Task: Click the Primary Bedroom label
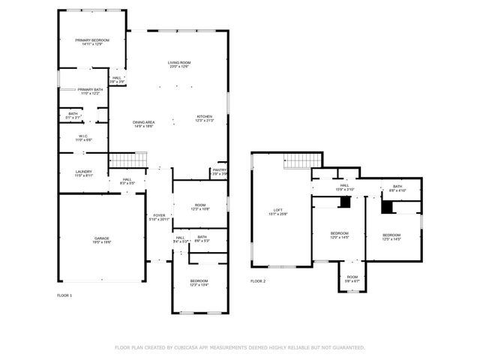pyautogui.click(x=91, y=42)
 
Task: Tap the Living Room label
pyautogui.click(x=178, y=64)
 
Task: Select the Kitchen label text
pyautogui.click(x=205, y=118)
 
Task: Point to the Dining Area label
pyautogui.click(x=143, y=124)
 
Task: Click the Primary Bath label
pyautogui.click(x=88, y=91)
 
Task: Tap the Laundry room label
pyautogui.click(x=83, y=173)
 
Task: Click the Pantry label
pyautogui.click(x=219, y=171)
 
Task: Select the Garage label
pyautogui.click(x=101, y=240)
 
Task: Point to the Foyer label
pyautogui.click(x=159, y=217)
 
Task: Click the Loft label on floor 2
pyautogui.click(x=277, y=211)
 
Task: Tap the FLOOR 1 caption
pyautogui.click(x=65, y=295)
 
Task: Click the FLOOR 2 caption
pyautogui.click(x=258, y=281)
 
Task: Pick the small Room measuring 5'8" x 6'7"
pyautogui.click(x=352, y=279)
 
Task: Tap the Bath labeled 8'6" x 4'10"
pyautogui.click(x=397, y=188)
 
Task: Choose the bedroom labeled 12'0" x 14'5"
pyautogui.click(x=340, y=235)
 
